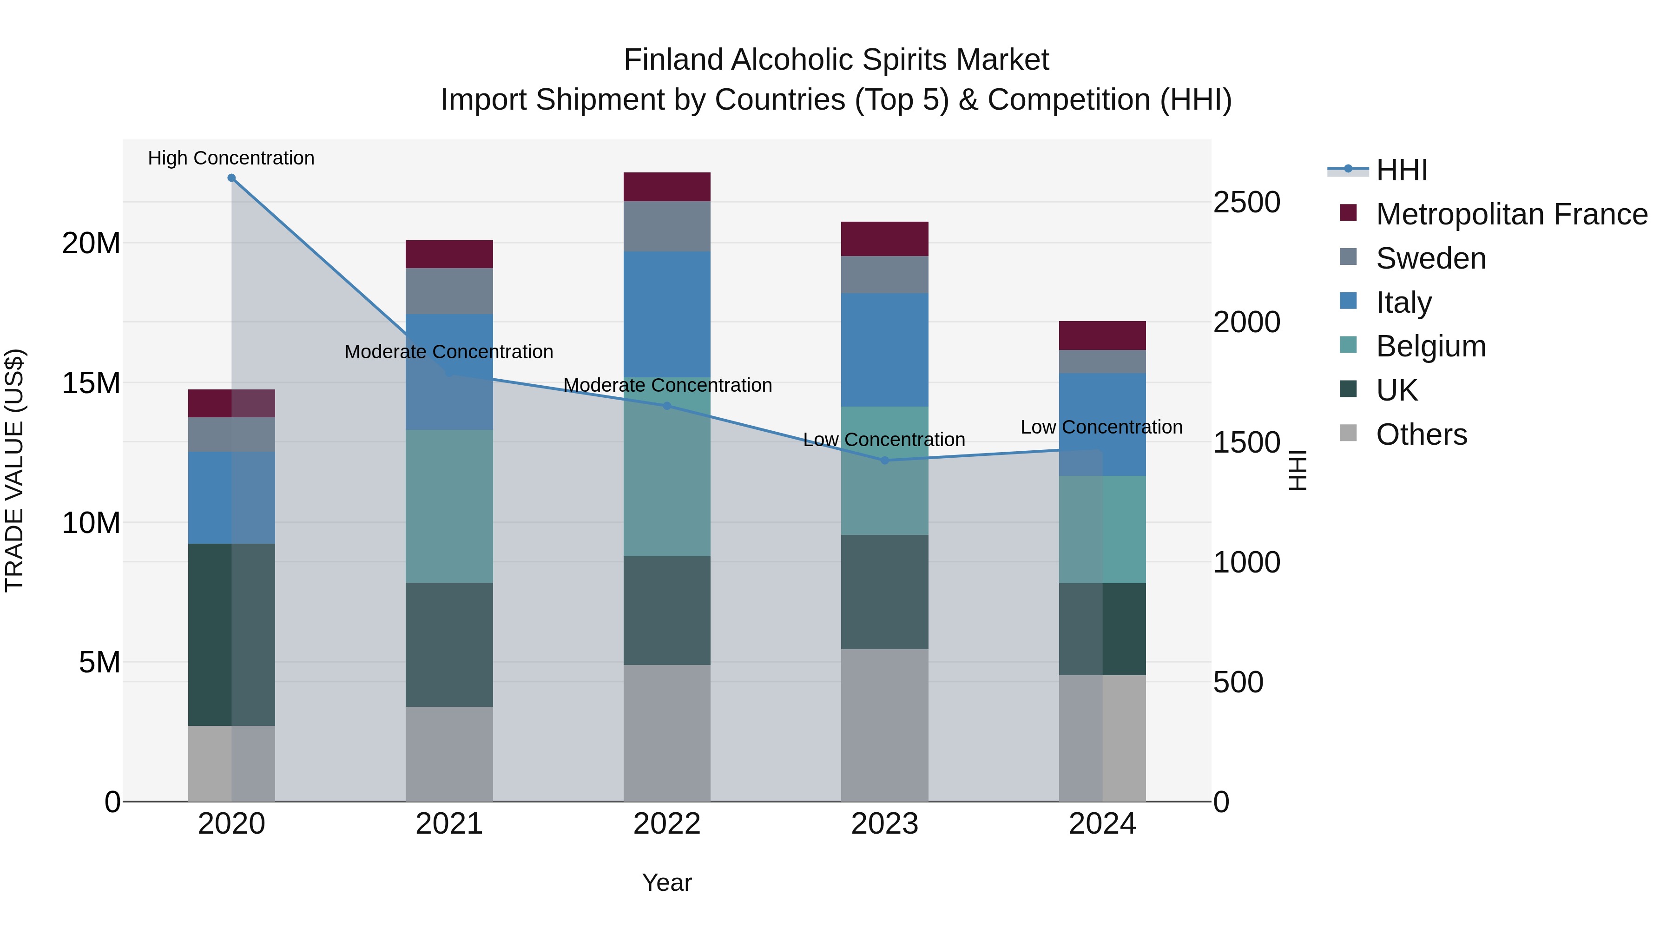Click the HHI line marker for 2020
click(x=231, y=178)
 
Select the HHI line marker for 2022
click(x=667, y=406)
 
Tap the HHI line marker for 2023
click(x=884, y=461)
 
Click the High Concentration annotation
click(x=231, y=158)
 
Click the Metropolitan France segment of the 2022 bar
click(x=667, y=187)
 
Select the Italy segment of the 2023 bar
click(x=884, y=350)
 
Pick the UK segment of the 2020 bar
click(x=231, y=634)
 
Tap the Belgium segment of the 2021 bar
click(x=449, y=506)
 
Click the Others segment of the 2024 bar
click(x=1102, y=738)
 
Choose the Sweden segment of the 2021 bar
click(x=449, y=291)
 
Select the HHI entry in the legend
click(x=1402, y=170)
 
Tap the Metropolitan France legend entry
click(x=1511, y=214)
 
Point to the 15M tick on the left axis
click(x=91, y=383)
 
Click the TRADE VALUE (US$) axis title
click(x=15, y=470)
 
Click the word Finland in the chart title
click(x=673, y=60)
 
